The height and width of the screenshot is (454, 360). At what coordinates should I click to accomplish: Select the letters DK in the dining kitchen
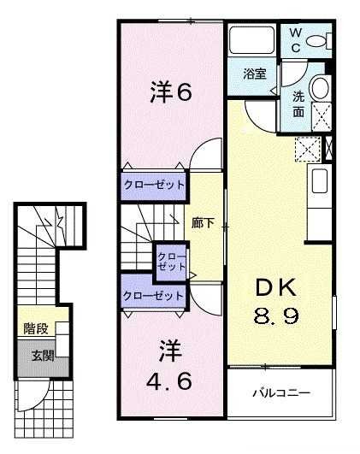(278, 288)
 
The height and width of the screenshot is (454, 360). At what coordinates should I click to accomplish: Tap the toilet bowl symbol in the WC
(317, 41)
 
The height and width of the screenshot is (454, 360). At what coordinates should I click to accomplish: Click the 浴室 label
(254, 74)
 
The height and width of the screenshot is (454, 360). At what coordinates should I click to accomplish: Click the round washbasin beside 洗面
(321, 87)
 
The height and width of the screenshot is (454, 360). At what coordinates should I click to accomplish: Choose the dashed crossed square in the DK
(306, 149)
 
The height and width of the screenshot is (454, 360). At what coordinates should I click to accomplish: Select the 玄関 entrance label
(43, 354)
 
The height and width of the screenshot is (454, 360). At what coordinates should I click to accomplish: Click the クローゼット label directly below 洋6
(153, 185)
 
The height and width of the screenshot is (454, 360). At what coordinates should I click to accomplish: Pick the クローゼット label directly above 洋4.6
(153, 296)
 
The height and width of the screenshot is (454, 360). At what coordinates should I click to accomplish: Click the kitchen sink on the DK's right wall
(320, 181)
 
